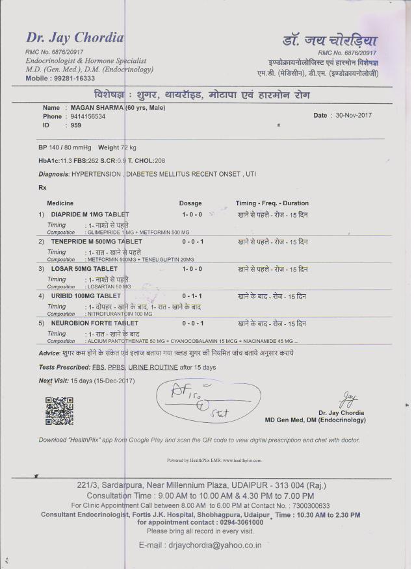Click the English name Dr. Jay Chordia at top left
(74, 38)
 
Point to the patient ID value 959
(76, 125)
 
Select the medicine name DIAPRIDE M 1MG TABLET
(90, 214)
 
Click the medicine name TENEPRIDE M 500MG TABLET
(96, 242)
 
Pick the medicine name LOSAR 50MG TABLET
(84, 269)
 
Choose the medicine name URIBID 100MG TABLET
(86, 296)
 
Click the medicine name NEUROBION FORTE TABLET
(94, 323)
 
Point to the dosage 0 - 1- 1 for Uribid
(193, 296)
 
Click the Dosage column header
(190, 203)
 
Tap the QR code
(58, 411)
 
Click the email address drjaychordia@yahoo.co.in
(200, 545)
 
